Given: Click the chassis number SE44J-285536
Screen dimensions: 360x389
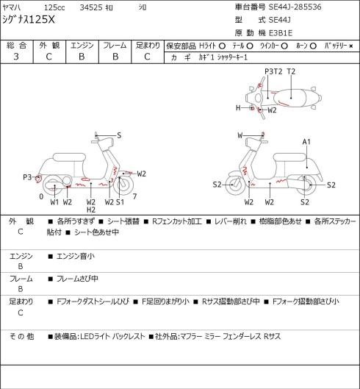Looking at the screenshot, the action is point(295,7).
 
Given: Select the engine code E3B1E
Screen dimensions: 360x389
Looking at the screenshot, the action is point(281,33).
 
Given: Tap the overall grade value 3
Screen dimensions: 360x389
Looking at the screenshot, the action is point(16,57).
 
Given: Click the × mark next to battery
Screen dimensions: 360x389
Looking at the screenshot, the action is point(351,46).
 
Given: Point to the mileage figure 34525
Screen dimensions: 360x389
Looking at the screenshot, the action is point(91,7).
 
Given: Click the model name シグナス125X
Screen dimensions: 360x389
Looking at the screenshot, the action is point(28,20).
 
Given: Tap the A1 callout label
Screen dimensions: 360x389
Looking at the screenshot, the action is point(306,142).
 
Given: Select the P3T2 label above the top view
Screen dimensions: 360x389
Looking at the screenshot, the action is point(273,71).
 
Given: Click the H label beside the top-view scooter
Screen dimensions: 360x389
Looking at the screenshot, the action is point(238,108).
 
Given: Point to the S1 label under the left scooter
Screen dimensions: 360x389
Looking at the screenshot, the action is point(120,202).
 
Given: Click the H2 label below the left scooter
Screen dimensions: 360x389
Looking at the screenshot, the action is point(91,210).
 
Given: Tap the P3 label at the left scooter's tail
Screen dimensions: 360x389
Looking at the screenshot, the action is point(27,177).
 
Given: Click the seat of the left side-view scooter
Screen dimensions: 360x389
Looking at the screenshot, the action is point(69,157).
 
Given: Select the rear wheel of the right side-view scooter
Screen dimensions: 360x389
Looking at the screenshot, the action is point(307,185).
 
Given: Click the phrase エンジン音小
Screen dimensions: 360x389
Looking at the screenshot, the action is point(76,257).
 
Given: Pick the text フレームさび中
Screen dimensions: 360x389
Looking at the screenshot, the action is point(77,279).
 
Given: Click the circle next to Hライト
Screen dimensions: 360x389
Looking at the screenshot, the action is point(222,46).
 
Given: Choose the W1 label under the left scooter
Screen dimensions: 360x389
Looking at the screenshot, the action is point(54,202).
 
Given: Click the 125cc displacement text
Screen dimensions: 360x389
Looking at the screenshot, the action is point(54,7).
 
